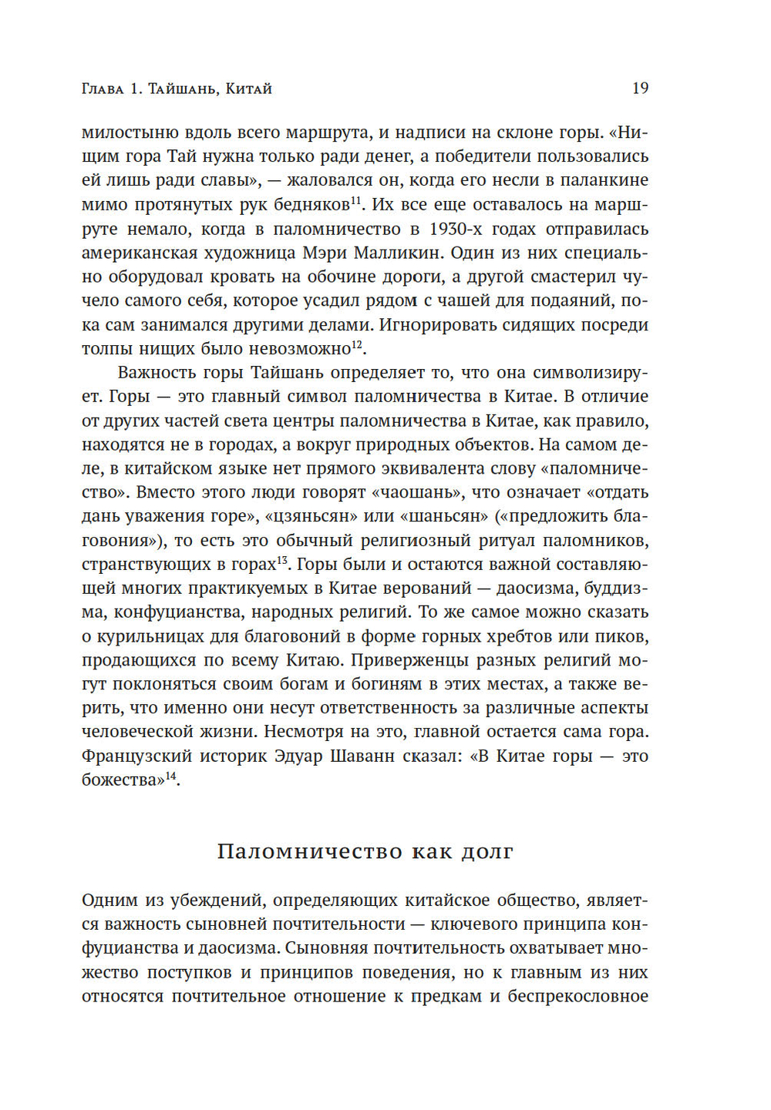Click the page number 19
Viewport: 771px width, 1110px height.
[x=640, y=89]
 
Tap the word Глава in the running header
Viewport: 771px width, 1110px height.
[x=103, y=89]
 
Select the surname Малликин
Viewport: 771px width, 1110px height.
[x=396, y=253]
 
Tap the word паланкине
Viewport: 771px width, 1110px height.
[x=604, y=181]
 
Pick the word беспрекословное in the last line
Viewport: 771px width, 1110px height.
[x=577, y=997]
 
